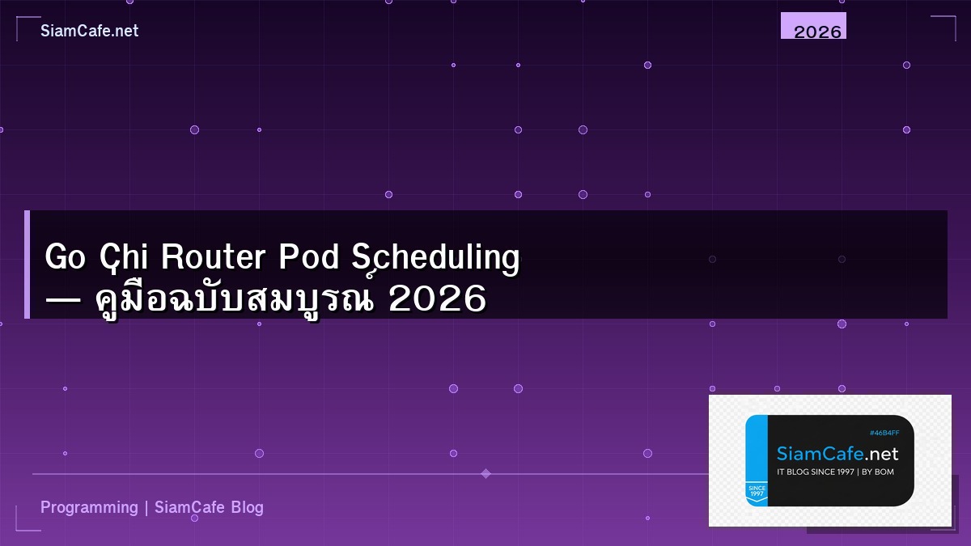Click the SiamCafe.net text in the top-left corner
coord(89,31)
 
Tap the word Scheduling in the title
coord(436,258)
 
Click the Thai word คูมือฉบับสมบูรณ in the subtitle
coord(235,298)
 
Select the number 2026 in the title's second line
coord(437,299)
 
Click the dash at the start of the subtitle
coord(64,300)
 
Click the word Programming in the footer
coord(89,508)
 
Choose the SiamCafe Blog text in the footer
coord(209,508)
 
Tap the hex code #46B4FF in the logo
coord(884,434)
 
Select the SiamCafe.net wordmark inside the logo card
coord(837,454)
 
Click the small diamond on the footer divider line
coord(485,473)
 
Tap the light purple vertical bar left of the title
coord(27,265)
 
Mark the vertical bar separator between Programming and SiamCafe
coord(146,508)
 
